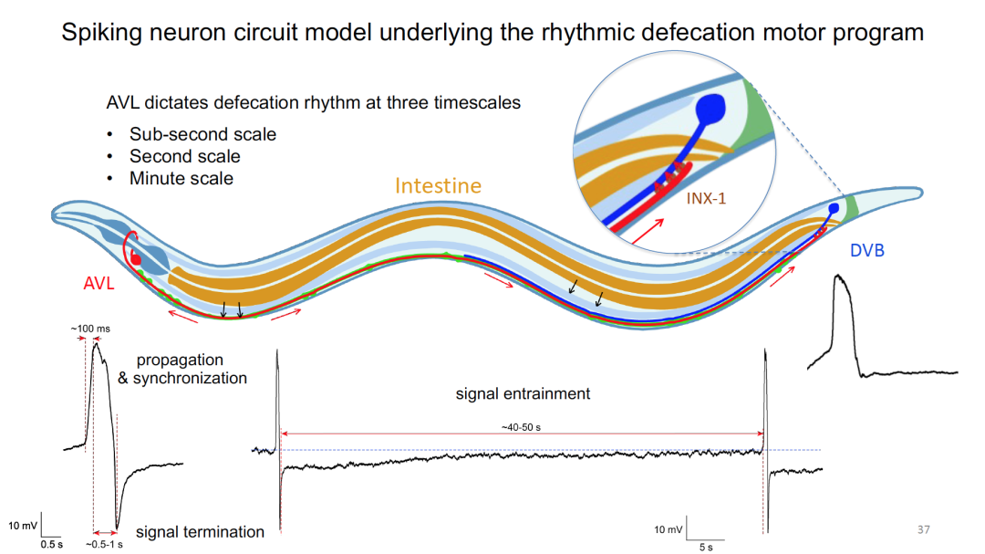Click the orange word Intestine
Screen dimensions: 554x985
point(438,186)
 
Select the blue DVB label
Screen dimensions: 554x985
point(867,250)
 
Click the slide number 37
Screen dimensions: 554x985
point(922,529)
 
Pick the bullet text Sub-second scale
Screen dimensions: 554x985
point(202,134)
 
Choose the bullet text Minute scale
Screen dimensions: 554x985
point(181,178)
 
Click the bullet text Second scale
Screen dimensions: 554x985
point(184,156)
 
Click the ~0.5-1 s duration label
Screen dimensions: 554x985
point(104,544)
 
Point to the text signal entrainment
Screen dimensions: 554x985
point(523,394)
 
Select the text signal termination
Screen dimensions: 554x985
point(200,531)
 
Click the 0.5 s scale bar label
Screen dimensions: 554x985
point(50,544)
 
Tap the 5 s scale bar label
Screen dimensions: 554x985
point(706,547)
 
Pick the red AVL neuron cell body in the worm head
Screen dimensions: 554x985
point(136,258)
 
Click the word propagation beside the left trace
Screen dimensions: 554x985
point(179,360)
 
